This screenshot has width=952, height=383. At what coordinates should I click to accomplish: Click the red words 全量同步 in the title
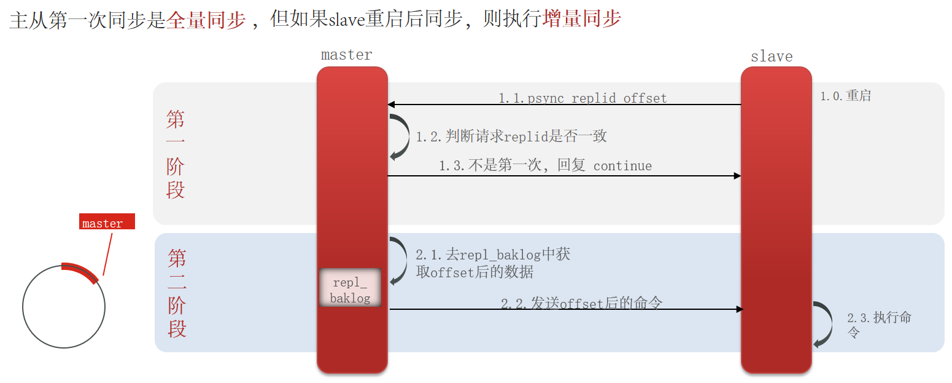(206, 20)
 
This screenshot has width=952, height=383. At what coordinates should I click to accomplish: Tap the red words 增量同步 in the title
(582, 20)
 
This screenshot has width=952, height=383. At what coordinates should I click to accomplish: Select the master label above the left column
(347, 55)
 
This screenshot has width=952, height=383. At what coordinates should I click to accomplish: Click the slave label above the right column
(772, 57)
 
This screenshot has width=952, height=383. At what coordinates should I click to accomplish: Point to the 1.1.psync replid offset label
(582, 98)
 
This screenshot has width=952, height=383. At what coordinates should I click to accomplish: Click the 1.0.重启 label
(846, 96)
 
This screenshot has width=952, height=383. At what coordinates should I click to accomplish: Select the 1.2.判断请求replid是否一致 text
(511, 136)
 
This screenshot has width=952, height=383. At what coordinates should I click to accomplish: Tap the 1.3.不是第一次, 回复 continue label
(545, 165)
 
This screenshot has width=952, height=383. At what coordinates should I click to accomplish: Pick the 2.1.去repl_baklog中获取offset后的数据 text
(493, 263)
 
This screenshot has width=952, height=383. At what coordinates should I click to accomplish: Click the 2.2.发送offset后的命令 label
(581, 302)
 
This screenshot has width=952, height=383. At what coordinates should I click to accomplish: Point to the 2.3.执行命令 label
(879, 324)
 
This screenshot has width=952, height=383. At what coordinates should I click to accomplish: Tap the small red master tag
(107, 223)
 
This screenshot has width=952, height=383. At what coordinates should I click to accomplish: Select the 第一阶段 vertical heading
(176, 154)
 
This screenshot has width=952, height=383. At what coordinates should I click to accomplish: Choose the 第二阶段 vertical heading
(177, 293)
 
